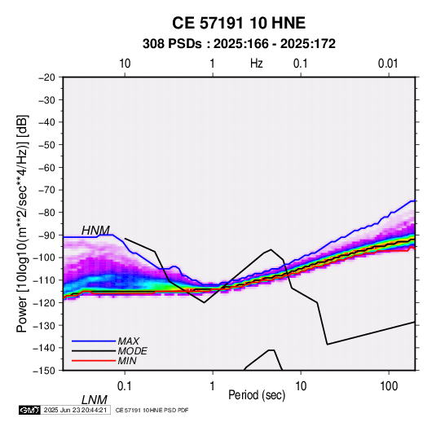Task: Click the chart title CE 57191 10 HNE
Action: [239, 23]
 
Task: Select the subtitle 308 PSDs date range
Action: [239, 44]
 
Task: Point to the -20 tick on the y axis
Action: [46, 77]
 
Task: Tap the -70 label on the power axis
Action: [46, 190]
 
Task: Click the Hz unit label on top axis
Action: [257, 64]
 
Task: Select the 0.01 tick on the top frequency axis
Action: [388, 64]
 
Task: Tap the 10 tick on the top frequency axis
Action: [125, 64]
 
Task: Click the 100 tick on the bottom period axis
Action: [389, 386]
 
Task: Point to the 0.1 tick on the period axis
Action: [125, 386]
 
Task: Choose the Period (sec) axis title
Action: [257, 395]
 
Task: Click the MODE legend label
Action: [132, 351]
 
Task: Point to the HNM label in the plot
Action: [95, 231]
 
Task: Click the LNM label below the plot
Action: [94, 400]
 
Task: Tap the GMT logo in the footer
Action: [30, 410]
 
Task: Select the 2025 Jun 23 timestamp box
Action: [75, 410]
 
